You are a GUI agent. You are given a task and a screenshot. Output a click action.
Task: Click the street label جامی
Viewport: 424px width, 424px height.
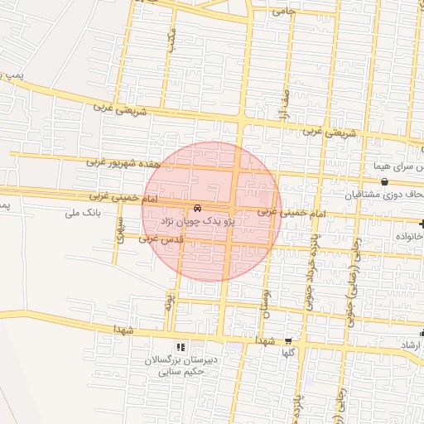tap(283, 12)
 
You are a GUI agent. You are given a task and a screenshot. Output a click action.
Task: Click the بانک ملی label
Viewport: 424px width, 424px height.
tap(82, 213)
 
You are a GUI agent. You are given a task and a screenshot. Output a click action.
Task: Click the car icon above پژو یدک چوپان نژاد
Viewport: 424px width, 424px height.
tap(197, 208)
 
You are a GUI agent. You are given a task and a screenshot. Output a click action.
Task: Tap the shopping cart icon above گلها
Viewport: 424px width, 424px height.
tap(287, 340)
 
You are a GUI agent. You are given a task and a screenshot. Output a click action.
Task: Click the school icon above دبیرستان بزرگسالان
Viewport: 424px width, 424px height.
tap(181, 346)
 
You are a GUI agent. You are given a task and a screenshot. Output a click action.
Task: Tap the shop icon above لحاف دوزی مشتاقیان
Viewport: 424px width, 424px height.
tap(384, 181)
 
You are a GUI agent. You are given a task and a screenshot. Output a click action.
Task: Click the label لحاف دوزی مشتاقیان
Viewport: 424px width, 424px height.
tap(384, 195)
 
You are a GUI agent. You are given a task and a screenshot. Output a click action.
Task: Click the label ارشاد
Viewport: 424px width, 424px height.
tap(411, 344)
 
